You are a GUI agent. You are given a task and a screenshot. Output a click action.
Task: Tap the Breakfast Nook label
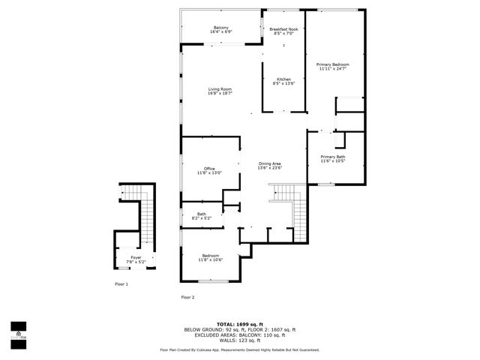284,28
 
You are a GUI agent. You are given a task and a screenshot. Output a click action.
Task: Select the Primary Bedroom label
334,64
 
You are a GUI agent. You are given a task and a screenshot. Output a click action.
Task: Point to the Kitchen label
284,79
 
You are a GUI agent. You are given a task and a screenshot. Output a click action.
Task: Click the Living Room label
220,89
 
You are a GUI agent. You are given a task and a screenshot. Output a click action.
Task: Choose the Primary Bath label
332,157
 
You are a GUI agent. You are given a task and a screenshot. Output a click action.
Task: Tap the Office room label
210,169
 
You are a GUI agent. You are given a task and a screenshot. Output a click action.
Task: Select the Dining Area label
269,163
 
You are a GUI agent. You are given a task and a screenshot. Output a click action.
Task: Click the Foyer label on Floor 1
136,257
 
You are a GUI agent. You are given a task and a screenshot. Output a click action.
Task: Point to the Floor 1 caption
121,284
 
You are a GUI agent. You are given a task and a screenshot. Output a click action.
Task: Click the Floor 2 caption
187,298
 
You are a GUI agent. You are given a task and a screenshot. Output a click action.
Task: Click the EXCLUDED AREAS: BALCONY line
240,334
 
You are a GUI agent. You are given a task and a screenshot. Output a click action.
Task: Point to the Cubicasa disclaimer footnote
240,349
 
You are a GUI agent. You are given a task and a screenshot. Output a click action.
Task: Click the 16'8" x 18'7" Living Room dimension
220,94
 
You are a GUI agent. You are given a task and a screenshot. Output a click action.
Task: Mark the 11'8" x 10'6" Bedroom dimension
210,259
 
